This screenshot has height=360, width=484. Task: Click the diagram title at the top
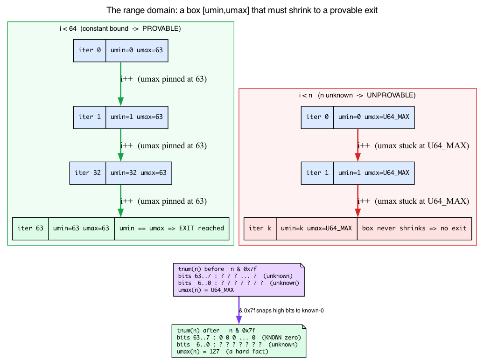click(242, 10)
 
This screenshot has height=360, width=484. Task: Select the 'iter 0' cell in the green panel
click(90, 50)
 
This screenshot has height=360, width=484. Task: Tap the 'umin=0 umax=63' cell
click(137, 50)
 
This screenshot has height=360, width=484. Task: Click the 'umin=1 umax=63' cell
click(137, 118)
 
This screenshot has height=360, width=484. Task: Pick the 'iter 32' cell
click(88, 173)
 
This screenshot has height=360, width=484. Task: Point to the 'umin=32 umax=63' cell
click(139, 173)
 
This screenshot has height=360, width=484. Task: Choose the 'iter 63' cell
click(30, 228)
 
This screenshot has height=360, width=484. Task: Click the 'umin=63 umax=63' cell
click(81, 228)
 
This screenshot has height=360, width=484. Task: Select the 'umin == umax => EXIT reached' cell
click(172, 228)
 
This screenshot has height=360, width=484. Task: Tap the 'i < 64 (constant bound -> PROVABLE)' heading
click(120, 29)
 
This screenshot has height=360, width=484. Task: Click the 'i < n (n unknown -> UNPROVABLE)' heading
click(357, 95)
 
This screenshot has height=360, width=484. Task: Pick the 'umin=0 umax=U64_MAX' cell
click(374, 118)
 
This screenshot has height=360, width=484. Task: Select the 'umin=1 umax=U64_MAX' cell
click(374, 173)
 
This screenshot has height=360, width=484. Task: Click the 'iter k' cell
click(260, 228)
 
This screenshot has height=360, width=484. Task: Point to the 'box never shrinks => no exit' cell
click(414, 228)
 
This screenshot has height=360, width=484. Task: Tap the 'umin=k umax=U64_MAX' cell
click(317, 228)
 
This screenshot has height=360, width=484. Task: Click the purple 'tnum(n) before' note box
click(239, 280)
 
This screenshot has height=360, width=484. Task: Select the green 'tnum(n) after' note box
click(239, 341)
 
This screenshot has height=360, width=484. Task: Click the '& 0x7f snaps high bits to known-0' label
click(281, 311)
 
